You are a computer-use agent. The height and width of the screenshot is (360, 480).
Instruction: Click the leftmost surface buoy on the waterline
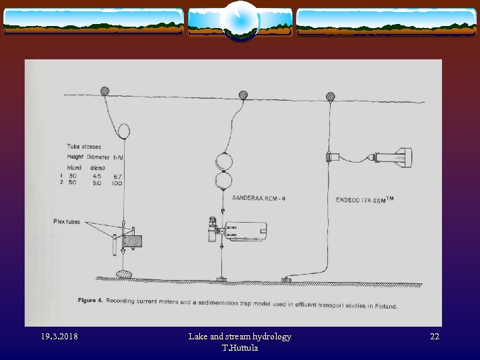(105, 91)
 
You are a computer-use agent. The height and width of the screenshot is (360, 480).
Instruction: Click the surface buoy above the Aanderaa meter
(244, 95)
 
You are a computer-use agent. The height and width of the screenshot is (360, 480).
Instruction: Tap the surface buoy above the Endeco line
(329, 96)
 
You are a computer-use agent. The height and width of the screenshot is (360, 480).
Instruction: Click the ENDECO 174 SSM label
(363, 199)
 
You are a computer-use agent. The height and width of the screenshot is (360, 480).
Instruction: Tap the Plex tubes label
(67, 221)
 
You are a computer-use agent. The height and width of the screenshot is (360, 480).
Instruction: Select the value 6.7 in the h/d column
(117, 175)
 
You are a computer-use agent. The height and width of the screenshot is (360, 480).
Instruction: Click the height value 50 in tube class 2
(72, 182)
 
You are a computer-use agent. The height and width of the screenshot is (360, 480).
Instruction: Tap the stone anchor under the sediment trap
(124, 273)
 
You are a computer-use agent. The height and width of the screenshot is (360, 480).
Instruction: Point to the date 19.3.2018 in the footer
(58, 337)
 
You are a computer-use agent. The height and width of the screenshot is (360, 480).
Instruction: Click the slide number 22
(434, 337)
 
